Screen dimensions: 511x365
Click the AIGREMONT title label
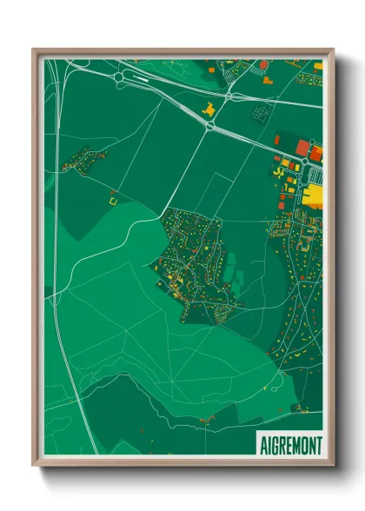point(290,445)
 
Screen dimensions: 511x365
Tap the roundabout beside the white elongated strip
point(118,76)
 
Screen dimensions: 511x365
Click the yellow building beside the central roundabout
point(209,109)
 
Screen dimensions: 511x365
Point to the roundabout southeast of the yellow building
point(209,126)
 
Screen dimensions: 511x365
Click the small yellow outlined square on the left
point(111,201)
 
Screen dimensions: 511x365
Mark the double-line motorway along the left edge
point(57,217)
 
